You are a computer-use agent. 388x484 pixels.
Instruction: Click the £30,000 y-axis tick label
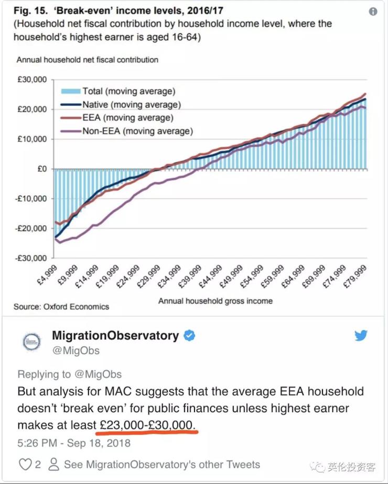click(x=32, y=80)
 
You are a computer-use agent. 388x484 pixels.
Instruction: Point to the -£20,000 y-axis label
click(x=31, y=228)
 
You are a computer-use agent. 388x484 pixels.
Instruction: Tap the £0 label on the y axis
click(x=42, y=169)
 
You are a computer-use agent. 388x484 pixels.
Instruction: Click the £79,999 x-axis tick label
click(x=355, y=277)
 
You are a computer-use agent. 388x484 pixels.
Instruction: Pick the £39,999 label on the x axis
click(x=190, y=277)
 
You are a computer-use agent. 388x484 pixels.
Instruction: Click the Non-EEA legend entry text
click(x=138, y=131)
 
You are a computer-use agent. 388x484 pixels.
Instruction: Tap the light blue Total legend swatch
click(x=71, y=91)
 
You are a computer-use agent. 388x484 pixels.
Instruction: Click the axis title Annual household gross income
click(x=215, y=301)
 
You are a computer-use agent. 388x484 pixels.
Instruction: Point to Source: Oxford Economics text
click(x=61, y=306)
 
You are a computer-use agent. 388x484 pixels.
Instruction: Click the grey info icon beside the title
click(x=373, y=12)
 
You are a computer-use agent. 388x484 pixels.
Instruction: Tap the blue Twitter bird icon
click(x=361, y=335)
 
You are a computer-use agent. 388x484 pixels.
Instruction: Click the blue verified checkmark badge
click(x=189, y=336)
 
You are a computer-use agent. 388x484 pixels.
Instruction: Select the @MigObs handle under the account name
click(x=76, y=350)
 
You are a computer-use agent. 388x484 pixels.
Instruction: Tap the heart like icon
click(x=25, y=464)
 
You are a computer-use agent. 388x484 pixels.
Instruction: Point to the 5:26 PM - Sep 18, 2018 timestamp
click(x=74, y=443)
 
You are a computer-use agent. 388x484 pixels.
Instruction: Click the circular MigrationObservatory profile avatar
click(x=32, y=342)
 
